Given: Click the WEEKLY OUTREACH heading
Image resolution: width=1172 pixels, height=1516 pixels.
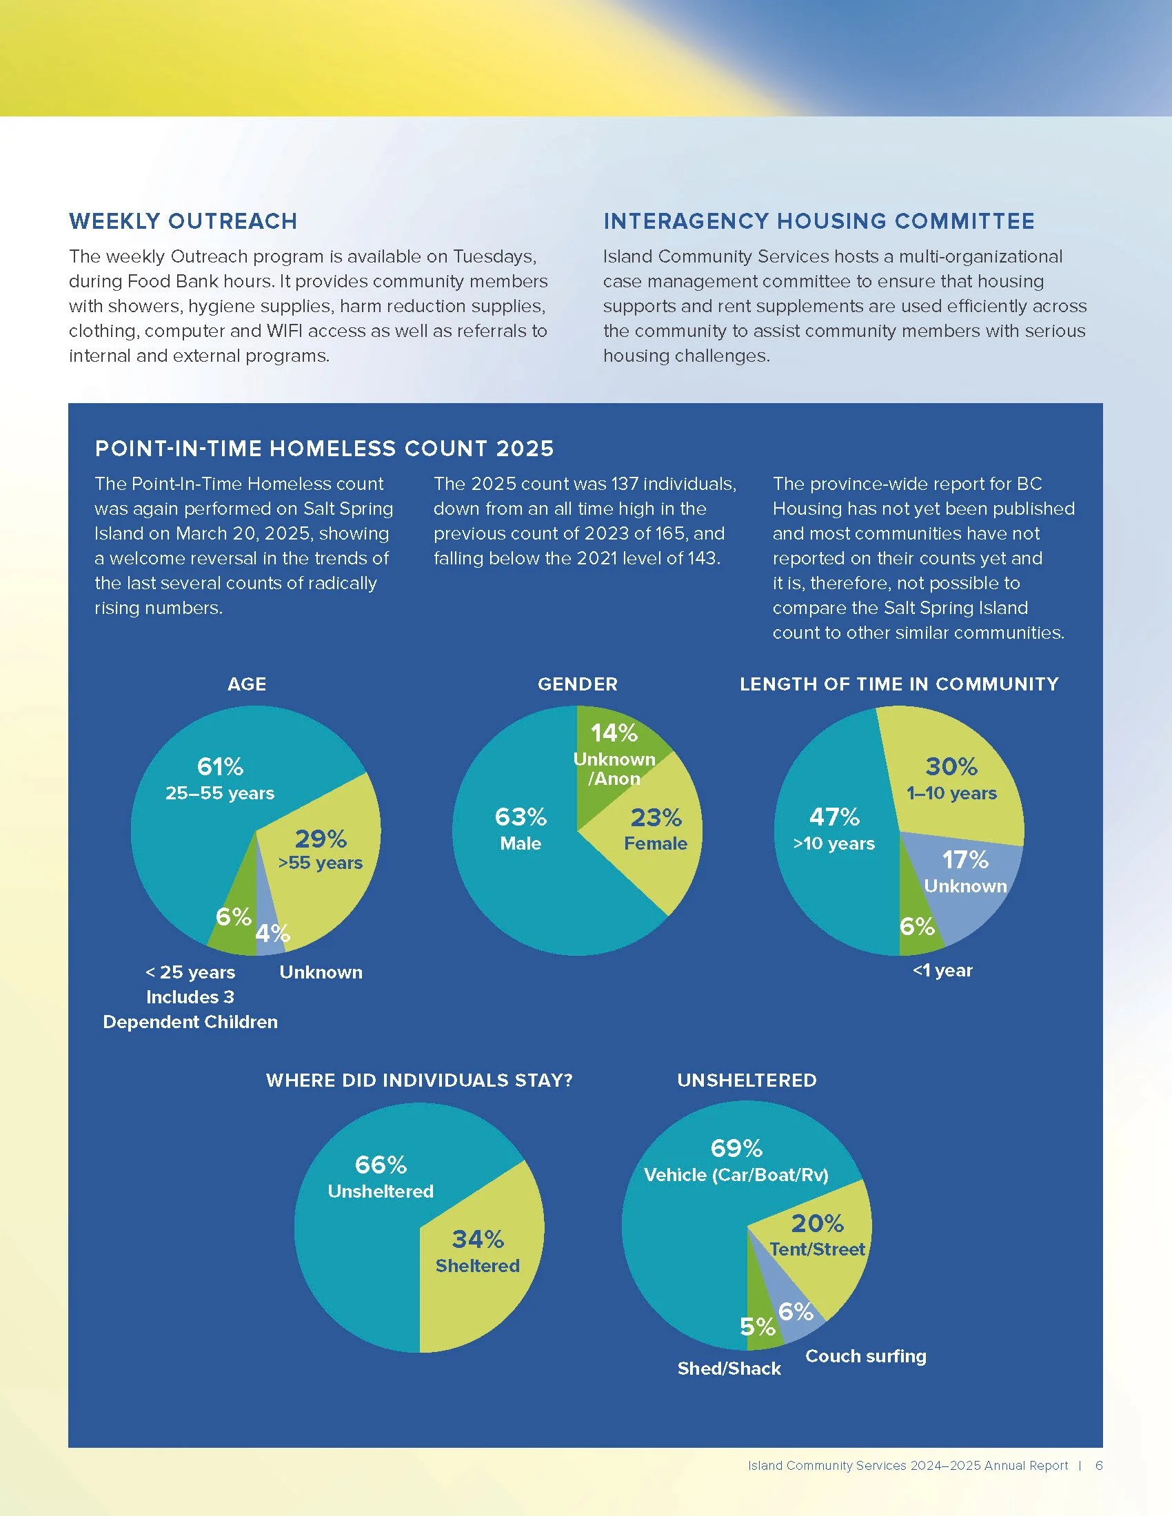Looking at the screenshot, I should coord(183,221).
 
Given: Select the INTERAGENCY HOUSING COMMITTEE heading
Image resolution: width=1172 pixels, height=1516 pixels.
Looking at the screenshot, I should coord(818,221).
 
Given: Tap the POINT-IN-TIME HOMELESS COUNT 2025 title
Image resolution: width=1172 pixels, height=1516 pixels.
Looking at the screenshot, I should coord(324,449).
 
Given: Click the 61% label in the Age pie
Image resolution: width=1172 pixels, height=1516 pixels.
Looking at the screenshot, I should coord(220,767).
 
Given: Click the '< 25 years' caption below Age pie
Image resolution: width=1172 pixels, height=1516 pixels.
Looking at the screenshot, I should coord(190,972).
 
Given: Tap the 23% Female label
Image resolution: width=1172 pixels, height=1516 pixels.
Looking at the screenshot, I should coord(656,829).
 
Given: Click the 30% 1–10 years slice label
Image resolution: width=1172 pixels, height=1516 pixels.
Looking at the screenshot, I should coord(951,778).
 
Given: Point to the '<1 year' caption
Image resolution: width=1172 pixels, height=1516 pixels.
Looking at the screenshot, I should coord(942,970).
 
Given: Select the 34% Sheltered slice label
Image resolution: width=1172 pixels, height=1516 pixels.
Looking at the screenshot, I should coord(478,1251).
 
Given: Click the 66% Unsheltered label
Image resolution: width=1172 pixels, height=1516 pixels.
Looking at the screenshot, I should coord(381,1176).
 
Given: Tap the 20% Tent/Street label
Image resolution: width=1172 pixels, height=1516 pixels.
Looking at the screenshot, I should coord(817,1235).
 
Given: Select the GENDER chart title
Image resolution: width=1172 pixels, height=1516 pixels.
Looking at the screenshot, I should coord(577,684).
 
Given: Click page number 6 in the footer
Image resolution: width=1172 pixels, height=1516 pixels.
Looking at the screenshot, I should coord(1098,1465).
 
